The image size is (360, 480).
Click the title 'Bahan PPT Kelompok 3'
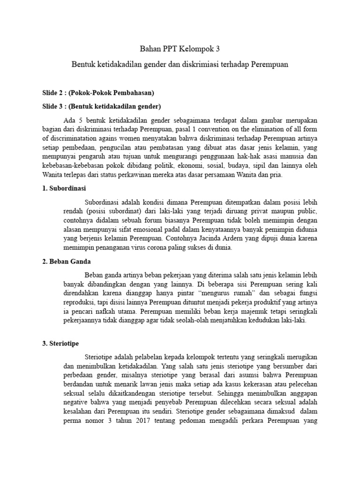tap(180, 48)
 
